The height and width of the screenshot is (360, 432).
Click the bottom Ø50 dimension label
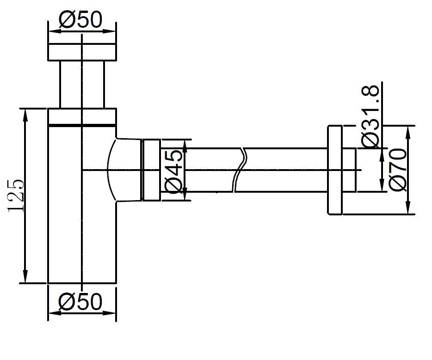[80, 302]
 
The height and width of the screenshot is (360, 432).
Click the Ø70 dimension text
[397, 170]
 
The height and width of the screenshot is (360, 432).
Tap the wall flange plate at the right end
[335, 170]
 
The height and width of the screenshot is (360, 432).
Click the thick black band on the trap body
[82, 125]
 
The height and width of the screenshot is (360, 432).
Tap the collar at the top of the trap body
[82, 116]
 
